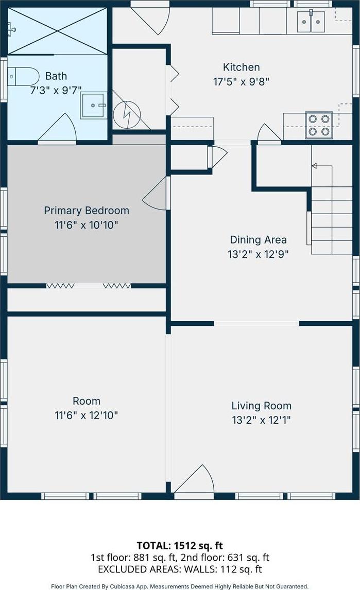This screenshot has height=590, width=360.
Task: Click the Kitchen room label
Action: (x=241, y=67)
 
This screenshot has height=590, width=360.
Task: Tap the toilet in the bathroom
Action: (x=23, y=77)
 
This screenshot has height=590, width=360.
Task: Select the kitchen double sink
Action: (x=311, y=22)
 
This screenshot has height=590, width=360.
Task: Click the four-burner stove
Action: (x=319, y=125)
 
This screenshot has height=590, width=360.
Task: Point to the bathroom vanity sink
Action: (x=94, y=106)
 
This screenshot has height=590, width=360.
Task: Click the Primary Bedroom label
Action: (x=86, y=211)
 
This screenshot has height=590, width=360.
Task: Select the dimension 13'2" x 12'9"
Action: (x=258, y=254)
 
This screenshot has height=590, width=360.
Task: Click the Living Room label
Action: (x=261, y=406)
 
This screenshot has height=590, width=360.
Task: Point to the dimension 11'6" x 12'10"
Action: (x=86, y=415)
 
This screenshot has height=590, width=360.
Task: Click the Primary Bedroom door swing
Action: (x=155, y=194)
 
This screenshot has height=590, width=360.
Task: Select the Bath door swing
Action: (x=57, y=128)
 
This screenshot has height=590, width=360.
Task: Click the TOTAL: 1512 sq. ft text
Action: (x=180, y=545)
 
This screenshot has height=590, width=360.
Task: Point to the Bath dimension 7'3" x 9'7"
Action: (x=56, y=90)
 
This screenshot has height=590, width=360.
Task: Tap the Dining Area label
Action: (x=259, y=240)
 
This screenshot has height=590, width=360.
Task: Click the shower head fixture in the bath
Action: (x=11, y=29)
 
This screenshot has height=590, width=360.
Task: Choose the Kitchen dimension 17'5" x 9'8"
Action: (x=241, y=82)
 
